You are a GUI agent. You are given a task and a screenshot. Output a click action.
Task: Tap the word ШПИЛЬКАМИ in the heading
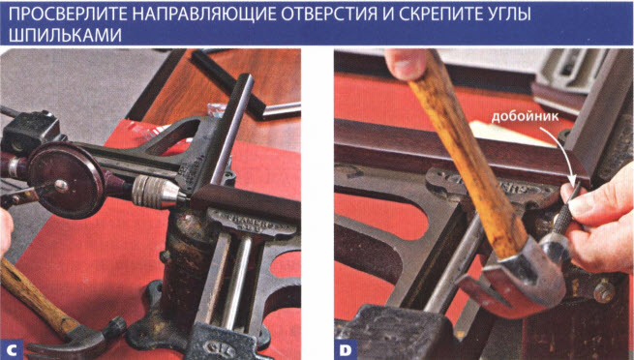point(65,36)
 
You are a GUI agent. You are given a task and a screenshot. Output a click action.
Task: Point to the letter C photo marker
point(12,350)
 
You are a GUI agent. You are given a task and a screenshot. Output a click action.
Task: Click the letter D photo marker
point(346,350)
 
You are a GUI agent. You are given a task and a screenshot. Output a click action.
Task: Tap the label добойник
point(525,117)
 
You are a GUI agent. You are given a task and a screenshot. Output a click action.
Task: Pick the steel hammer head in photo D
point(522,274)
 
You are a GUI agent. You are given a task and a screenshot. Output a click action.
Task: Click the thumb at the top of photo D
point(406,63)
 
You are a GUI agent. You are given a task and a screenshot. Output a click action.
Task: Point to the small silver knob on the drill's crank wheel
point(61,186)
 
